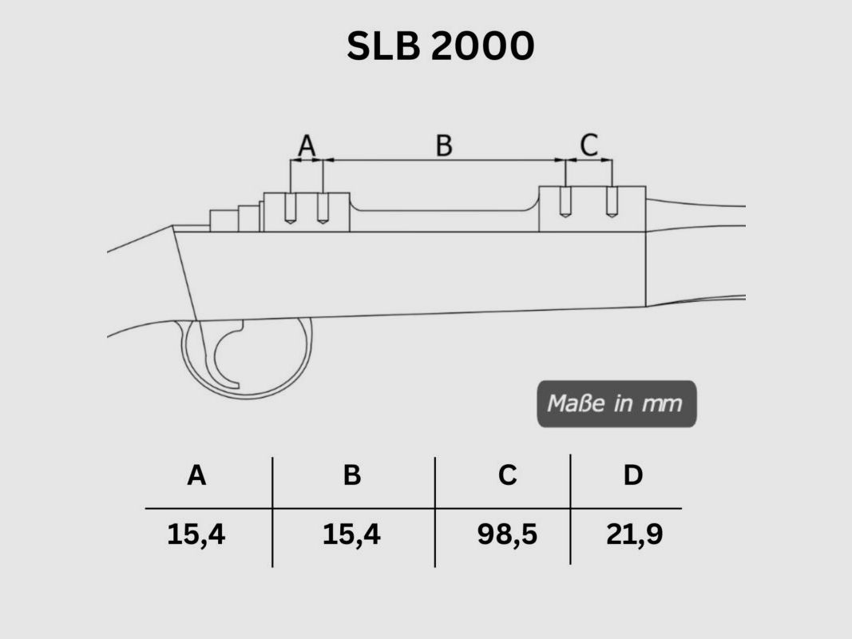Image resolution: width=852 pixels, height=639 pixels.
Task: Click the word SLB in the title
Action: click(385, 47)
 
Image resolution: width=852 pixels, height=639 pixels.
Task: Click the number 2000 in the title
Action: click(482, 47)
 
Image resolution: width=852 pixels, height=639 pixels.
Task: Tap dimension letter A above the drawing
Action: click(307, 146)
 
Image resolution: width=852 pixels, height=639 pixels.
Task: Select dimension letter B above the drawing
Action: click(444, 146)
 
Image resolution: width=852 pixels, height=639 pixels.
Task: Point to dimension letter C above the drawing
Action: click(588, 145)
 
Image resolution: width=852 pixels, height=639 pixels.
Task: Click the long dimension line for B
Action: click(444, 161)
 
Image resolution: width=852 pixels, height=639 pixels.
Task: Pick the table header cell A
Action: click(196, 476)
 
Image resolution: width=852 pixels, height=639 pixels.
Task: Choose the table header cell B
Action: click(351, 476)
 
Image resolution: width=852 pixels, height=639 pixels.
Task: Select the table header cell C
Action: click(507, 476)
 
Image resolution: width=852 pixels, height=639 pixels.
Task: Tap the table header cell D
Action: click(632, 476)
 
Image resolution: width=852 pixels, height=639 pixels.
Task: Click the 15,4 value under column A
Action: click(196, 534)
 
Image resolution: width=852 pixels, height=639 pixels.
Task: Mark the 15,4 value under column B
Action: click(351, 534)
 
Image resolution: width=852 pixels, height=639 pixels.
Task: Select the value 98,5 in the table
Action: click(507, 534)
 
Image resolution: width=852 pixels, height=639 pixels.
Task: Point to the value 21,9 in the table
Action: click(634, 534)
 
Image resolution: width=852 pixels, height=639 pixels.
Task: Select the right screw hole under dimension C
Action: click(612, 201)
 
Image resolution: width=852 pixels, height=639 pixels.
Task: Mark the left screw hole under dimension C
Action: click(565, 201)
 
